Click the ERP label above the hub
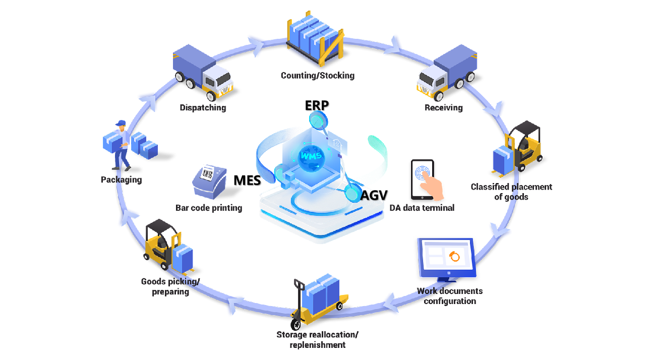coord(317,105)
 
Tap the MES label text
coord(247,181)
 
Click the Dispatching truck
coord(202,72)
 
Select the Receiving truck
coord(447,72)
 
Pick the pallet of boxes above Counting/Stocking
coord(316,38)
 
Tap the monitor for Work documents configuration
coord(446,259)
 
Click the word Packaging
coord(121,179)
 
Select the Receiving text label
coord(443,107)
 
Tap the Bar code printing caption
coord(209,208)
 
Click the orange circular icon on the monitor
coord(455,257)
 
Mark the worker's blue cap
coord(121,123)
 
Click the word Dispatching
coord(203,107)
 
